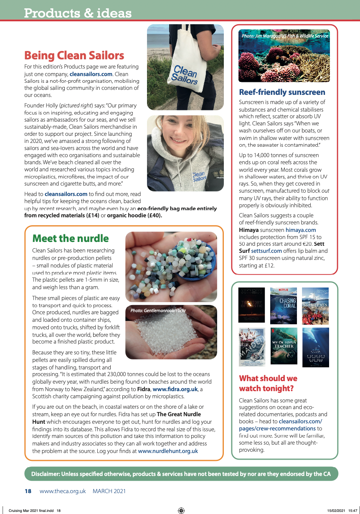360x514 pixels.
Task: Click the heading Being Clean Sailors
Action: (74, 56)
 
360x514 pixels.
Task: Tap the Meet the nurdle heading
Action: (71, 239)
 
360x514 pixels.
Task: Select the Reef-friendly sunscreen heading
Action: (282, 92)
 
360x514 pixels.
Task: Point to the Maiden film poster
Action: (251, 347)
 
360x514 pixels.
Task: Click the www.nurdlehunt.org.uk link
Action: (168, 451)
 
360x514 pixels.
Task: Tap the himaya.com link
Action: (301, 230)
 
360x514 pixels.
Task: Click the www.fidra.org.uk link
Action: (175, 389)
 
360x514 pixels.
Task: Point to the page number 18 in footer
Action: (28, 491)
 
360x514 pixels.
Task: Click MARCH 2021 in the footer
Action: (109, 491)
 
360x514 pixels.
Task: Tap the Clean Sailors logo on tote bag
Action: (185, 74)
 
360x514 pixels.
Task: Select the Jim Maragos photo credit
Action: (285, 36)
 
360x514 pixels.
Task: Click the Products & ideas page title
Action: (78, 13)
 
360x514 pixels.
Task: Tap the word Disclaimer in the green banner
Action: (46, 474)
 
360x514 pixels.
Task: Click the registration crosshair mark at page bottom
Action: (181, 510)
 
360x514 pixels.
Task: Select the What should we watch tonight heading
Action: (268, 383)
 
